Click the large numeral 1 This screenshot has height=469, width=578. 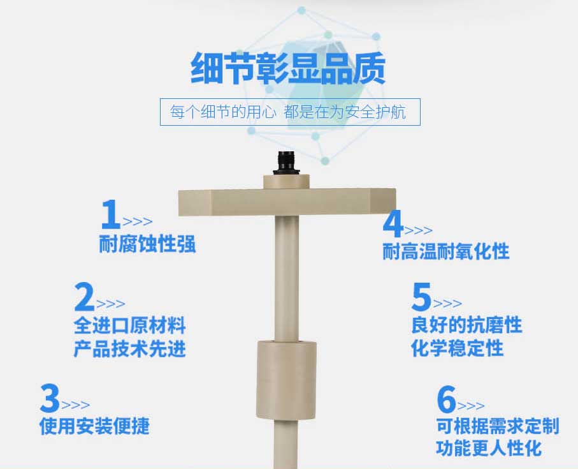click(x=111, y=214)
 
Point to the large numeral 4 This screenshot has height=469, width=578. click(x=393, y=223)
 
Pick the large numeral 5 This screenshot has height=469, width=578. click(x=421, y=296)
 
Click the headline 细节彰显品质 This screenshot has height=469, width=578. click(x=288, y=69)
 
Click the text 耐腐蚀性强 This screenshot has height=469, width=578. click(x=147, y=244)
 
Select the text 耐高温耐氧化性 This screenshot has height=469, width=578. click(x=446, y=251)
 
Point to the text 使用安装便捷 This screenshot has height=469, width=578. click(x=94, y=426)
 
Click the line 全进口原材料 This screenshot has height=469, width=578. click(x=130, y=325)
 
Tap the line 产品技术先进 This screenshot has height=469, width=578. click(x=130, y=348)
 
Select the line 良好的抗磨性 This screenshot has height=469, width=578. click(x=466, y=325)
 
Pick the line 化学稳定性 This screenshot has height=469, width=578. click(x=457, y=348)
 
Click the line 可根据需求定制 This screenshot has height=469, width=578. click(x=498, y=426)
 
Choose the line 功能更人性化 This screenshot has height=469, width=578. click(x=489, y=449)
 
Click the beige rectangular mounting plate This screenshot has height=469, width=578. click(x=287, y=202)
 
